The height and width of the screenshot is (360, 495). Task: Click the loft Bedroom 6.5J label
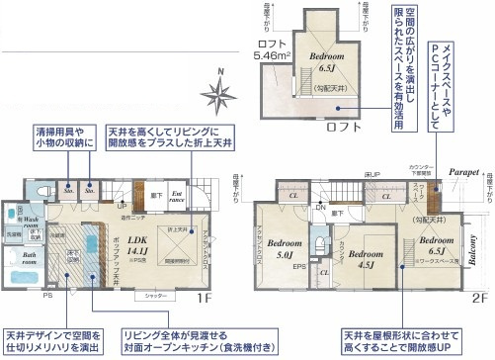point(323,62)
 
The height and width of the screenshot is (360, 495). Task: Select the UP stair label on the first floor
point(122,206)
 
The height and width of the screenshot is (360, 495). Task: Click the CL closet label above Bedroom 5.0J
point(294,195)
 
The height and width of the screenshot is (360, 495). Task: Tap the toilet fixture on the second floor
point(320,243)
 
